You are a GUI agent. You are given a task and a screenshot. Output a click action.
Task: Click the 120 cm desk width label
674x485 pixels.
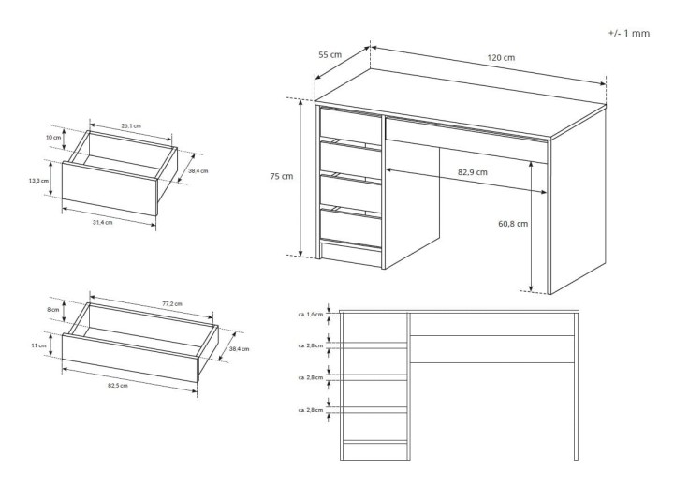501,58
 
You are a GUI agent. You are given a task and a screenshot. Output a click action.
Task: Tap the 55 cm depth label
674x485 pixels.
330,54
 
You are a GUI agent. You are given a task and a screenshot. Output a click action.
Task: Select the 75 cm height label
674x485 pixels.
282,176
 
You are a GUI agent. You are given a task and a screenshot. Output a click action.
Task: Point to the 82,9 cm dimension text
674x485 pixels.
473,172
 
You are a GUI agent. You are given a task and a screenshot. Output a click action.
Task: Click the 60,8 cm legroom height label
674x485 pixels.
513,224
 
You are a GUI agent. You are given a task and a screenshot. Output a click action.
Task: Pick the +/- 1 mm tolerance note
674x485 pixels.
629,33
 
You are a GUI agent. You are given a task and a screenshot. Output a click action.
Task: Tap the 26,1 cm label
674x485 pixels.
131,126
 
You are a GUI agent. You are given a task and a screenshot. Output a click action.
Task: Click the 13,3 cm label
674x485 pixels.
38,181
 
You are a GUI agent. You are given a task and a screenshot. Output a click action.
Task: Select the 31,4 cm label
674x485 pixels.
103,222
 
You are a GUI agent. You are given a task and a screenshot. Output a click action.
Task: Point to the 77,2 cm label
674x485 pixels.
172,304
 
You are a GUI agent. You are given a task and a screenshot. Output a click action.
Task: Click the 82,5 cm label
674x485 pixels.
118,385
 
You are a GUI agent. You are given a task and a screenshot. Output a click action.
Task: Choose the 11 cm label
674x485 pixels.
38,345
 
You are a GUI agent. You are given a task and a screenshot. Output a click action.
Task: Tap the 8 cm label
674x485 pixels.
52,310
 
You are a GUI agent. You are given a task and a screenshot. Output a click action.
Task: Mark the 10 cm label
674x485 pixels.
53,138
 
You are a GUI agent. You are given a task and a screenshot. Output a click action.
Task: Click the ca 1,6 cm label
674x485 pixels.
311,315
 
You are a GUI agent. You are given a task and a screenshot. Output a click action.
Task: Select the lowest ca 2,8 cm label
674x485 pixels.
311,410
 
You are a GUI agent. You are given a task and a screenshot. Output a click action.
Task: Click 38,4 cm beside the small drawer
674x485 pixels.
198,171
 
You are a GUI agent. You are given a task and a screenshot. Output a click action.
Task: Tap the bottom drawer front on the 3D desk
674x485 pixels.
351,228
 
